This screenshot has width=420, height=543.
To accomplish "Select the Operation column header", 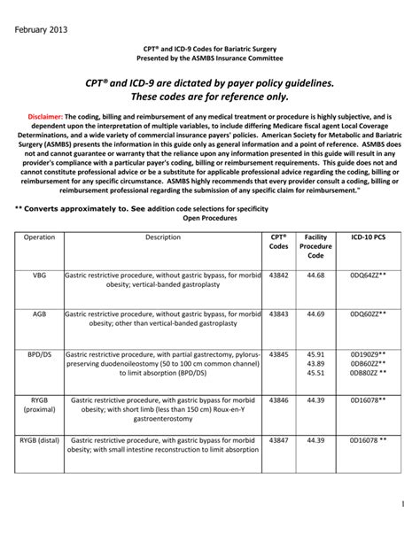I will point(39,237).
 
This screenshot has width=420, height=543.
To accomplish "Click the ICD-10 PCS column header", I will point(367,237).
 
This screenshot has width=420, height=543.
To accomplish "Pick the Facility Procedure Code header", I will point(316,246).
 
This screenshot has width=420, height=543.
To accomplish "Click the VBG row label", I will point(39,275).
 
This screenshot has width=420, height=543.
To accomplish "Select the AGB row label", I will point(39,314).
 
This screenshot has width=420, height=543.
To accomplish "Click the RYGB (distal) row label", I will point(41,439).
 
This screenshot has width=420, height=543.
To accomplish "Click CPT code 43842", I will point(278,275).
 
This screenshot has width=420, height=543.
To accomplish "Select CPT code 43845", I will point(278,353).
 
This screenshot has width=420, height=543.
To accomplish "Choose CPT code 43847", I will point(278,439).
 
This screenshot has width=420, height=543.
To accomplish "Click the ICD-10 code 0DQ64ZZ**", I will point(367,275).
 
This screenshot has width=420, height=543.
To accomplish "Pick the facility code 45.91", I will point(316,353).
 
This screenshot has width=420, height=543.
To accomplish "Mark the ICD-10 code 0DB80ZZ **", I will point(367,373).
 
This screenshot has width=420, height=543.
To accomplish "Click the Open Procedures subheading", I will point(209,217).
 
